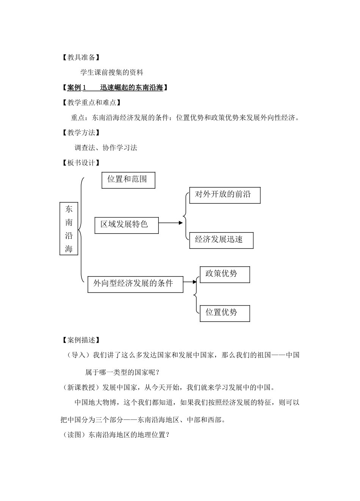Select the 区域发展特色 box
point(126,225)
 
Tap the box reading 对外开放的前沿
point(224,195)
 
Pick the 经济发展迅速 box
point(221,240)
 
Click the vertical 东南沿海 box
point(69,228)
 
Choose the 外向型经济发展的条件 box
point(135,284)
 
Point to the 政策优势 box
point(224,274)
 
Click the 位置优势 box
point(224,313)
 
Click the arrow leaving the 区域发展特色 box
point(171,223)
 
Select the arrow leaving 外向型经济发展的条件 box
point(190,281)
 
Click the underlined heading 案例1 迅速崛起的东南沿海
point(115,88)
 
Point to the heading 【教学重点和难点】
point(91,102)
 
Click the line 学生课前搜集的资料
point(112,72)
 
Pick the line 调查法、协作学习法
point(106,148)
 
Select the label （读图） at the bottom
point(74,435)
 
